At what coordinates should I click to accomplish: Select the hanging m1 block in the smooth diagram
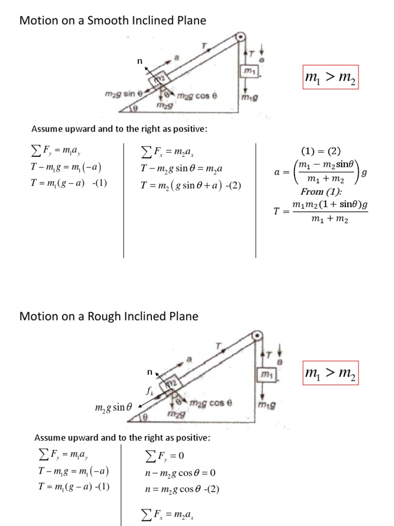pyautogui.click(x=248, y=71)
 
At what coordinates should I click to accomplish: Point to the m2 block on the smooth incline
pyautogui.click(x=157, y=78)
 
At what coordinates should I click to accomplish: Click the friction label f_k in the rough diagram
pyautogui.click(x=150, y=391)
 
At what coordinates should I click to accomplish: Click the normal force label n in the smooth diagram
pyautogui.click(x=138, y=62)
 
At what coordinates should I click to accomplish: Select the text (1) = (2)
pyautogui.click(x=322, y=151)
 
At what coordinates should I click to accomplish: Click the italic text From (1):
pyautogui.click(x=321, y=192)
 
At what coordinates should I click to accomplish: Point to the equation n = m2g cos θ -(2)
pyautogui.click(x=182, y=489)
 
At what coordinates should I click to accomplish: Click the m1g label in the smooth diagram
pyautogui.click(x=251, y=96)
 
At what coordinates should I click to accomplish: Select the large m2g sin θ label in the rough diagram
pyautogui.click(x=114, y=407)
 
